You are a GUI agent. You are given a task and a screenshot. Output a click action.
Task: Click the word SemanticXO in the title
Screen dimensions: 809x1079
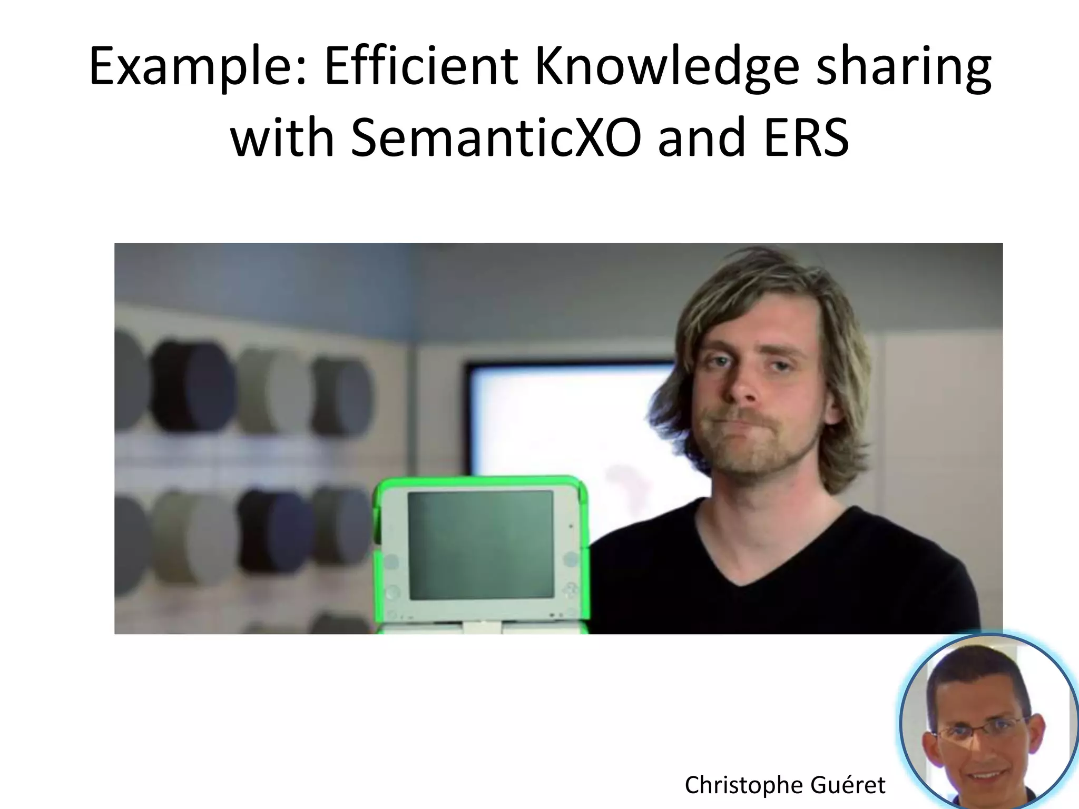(x=496, y=138)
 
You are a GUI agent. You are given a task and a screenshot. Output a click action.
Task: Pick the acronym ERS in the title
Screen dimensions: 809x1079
(x=806, y=138)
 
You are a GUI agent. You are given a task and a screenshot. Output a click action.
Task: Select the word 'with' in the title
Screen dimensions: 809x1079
(x=282, y=138)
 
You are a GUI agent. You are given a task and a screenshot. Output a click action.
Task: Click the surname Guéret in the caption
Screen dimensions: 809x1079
(x=848, y=785)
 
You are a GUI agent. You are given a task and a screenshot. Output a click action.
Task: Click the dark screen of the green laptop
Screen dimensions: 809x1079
(x=480, y=545)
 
